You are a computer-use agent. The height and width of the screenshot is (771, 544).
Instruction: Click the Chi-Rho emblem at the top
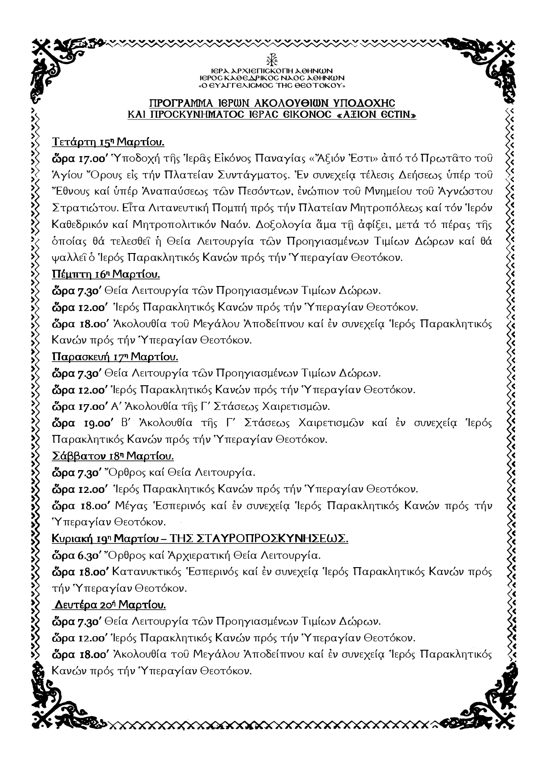click(x=272, y=60)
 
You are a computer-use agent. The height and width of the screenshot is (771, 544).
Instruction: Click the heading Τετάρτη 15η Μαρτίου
click(x=108, y=142)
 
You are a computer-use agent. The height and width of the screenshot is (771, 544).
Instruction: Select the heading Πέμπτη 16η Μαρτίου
click(x=106, y=275)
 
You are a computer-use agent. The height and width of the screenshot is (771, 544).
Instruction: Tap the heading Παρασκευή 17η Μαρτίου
click(x=115, y=357)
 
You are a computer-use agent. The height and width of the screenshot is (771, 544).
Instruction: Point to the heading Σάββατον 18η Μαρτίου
click(x=113, y=456)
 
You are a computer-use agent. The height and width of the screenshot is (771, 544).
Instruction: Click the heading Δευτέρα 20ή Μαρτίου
click(x=110, y=605)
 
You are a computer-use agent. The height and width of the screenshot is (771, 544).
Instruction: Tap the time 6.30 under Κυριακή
click(x=90, y=556)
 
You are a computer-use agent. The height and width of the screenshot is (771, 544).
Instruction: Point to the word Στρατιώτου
click(x=81, y=208)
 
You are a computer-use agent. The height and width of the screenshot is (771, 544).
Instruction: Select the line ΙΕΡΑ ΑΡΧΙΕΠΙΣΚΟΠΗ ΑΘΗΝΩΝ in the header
click(x=272, y=71)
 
